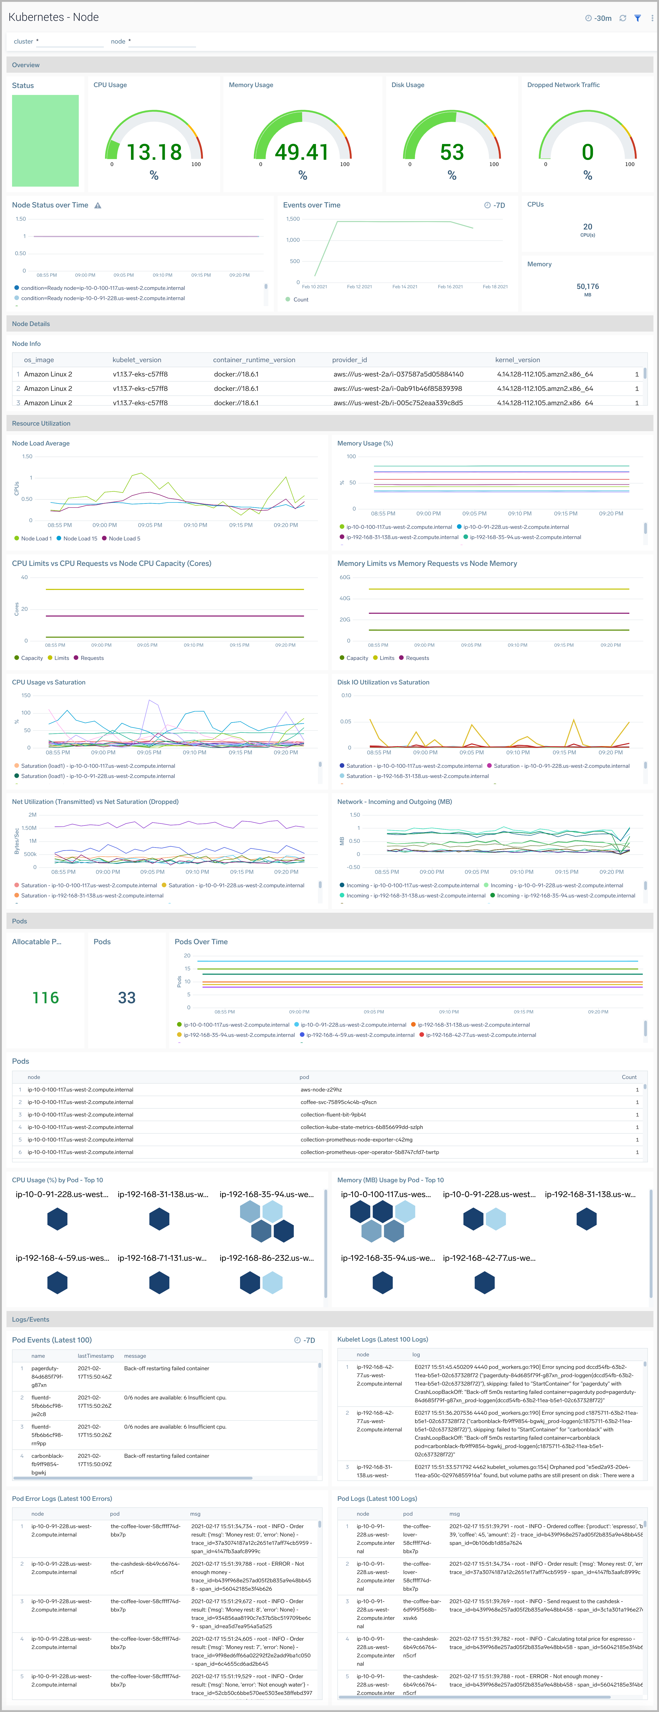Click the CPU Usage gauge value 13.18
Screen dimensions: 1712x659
(x=154, y=152)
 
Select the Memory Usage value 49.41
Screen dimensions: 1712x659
(x=302, y=152)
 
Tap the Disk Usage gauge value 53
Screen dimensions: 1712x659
(x=452, y=152)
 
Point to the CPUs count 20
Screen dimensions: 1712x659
(x=587, y=227)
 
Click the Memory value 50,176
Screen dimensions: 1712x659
(x=587, y=286)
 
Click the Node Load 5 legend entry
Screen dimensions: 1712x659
(x=124, y=538)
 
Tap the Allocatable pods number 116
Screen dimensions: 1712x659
(x=45, y=997)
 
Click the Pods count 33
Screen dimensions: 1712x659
(x=126, y=997)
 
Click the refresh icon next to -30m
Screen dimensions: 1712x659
(x=622, y=18)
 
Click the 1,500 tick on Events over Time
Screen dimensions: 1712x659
(x=293, y=219)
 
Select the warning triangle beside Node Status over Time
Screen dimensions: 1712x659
(x=98, y=205)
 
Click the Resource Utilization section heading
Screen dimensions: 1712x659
(x=41, y=423)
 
